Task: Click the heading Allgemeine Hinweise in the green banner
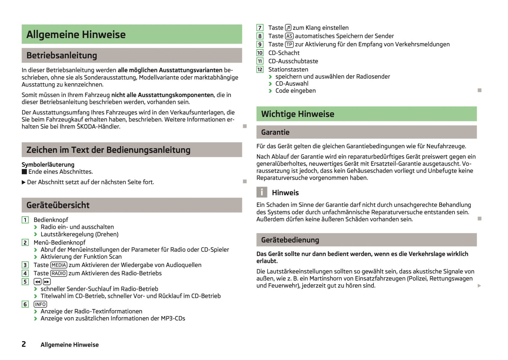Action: [76, 34]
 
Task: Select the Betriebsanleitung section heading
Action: [62, 55]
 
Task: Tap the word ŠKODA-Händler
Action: [98, 127]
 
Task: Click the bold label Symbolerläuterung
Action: [48, 164]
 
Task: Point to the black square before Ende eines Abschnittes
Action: [24, 172]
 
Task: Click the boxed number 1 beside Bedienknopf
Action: [25, 220]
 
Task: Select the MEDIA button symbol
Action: [59, 265]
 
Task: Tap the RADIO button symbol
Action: [59, 273]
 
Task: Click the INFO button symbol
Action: [40, 304]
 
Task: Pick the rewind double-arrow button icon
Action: [38, 282]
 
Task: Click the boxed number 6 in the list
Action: [25, 304]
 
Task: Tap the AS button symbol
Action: [289, 36]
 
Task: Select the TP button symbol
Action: [289, 45]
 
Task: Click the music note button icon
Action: [288, 27]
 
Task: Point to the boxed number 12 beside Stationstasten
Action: [260, 70]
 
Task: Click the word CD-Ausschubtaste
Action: [293, 61]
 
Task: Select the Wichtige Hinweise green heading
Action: [297, 114]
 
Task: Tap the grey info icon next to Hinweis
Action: [262, 192]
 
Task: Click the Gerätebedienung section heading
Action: [290, 240]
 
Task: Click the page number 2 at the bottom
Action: [24, 344]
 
